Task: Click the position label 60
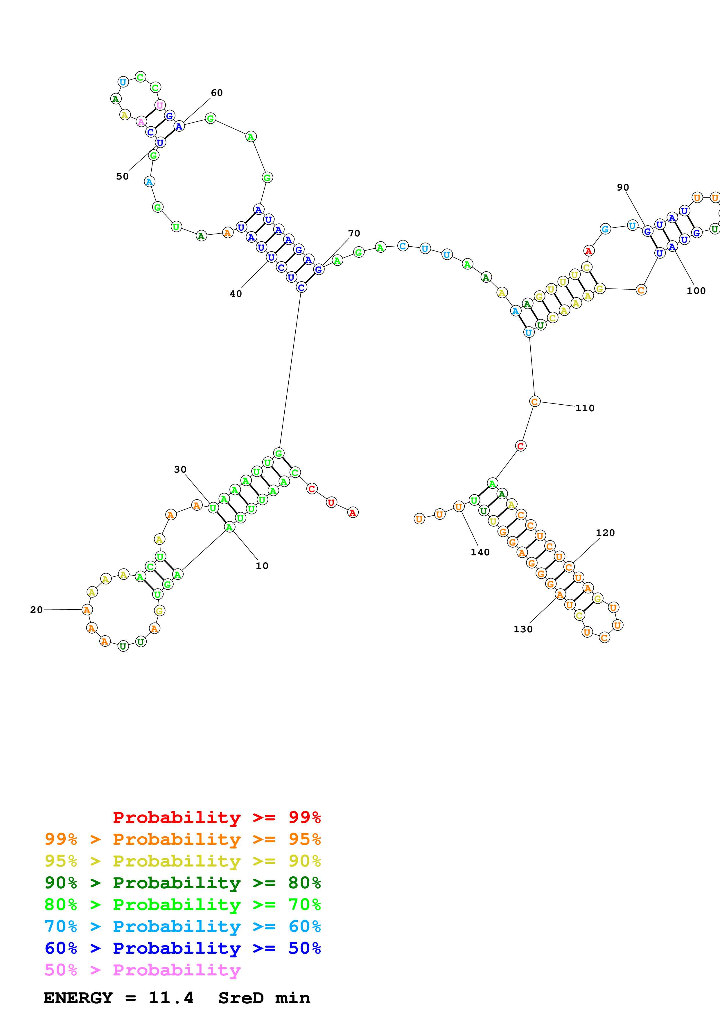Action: tap(216, 93)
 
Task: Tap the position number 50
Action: tap(123, 176)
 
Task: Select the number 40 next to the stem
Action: tap(236, 293)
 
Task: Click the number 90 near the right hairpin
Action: tap(623, 187)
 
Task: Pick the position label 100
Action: tap(696, 291)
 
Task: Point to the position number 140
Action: tap(480, 552)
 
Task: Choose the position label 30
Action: tap(180, 469)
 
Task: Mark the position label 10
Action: tap(262, 566)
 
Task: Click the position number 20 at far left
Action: tap(36, 610)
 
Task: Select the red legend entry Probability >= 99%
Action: tap(216, 817)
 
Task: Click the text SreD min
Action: tap(264, 998)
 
